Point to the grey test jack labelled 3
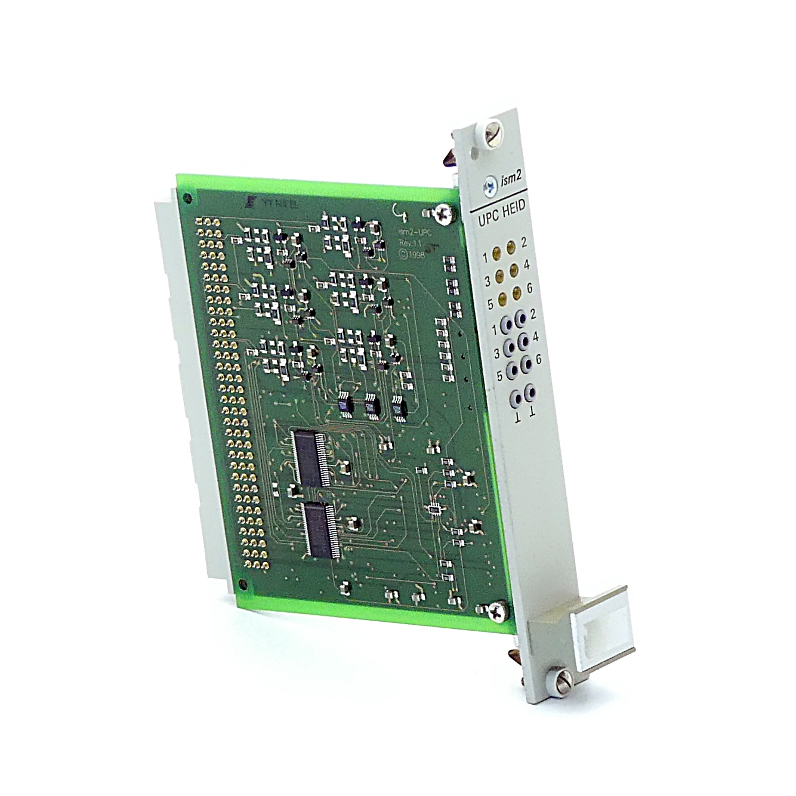click(510, 347)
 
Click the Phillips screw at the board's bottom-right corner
click(498, 609)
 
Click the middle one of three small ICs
click(372, 404)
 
